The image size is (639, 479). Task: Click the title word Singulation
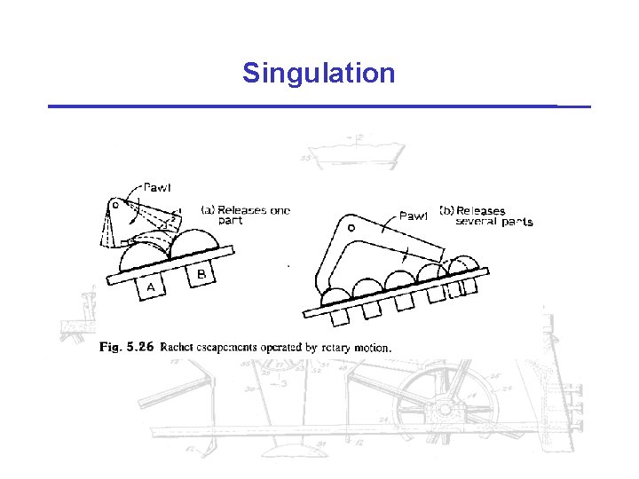(x=319, y=73)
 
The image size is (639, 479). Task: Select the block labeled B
(x=202, y=274)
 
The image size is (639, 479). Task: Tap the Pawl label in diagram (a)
(x=156, y=187)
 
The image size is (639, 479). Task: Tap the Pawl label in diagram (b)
(x=414, y=215)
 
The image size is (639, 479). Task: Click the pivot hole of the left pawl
(x=115, y=205)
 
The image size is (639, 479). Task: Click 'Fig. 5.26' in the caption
(x=124, y=347)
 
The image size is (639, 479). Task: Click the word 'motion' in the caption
(x=366, y=348)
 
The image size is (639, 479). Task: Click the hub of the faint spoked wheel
(x=441, y=410)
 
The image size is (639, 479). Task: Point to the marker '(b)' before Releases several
(x=446, y=210)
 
